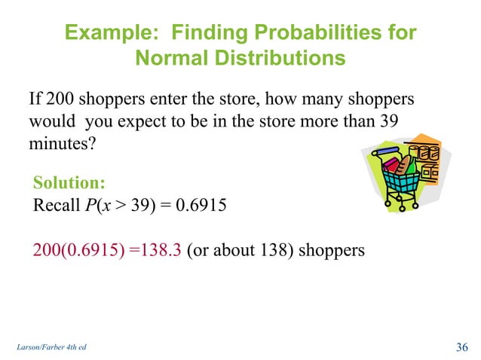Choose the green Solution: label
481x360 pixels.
69,183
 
